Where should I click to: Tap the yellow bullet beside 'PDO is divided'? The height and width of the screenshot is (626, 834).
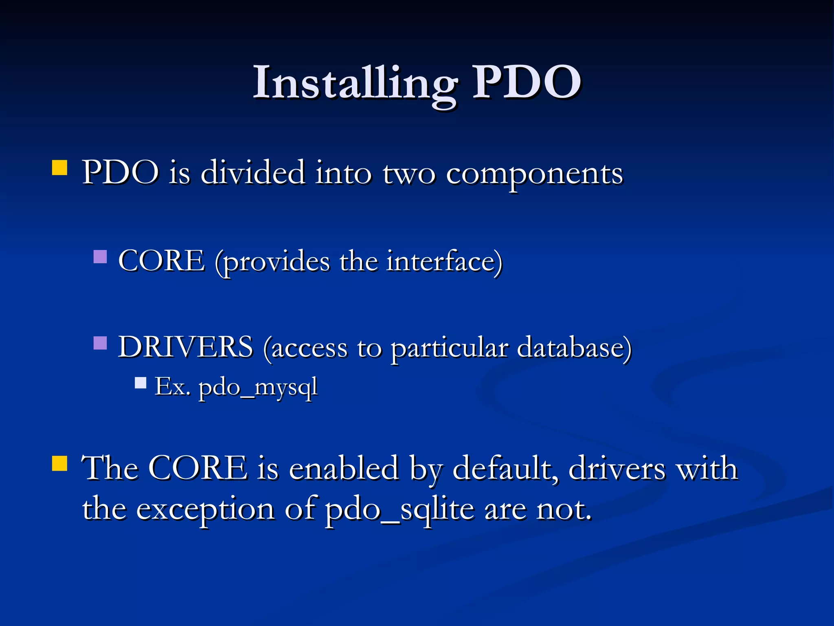click(60, 168)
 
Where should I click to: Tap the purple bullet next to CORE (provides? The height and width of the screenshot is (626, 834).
click(100, 257)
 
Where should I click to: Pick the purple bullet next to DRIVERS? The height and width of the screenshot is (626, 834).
click(100, 343)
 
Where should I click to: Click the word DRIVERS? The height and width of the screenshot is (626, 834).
click(185, 347)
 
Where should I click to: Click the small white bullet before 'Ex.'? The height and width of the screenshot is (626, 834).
click(140, 383)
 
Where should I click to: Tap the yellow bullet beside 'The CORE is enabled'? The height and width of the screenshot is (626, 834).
click(60, 463)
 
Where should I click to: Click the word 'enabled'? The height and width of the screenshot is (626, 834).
click(344, 469)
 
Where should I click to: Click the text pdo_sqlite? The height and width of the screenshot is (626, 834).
click(399, 510)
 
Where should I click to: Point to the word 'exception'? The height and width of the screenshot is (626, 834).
click(205, 510)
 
